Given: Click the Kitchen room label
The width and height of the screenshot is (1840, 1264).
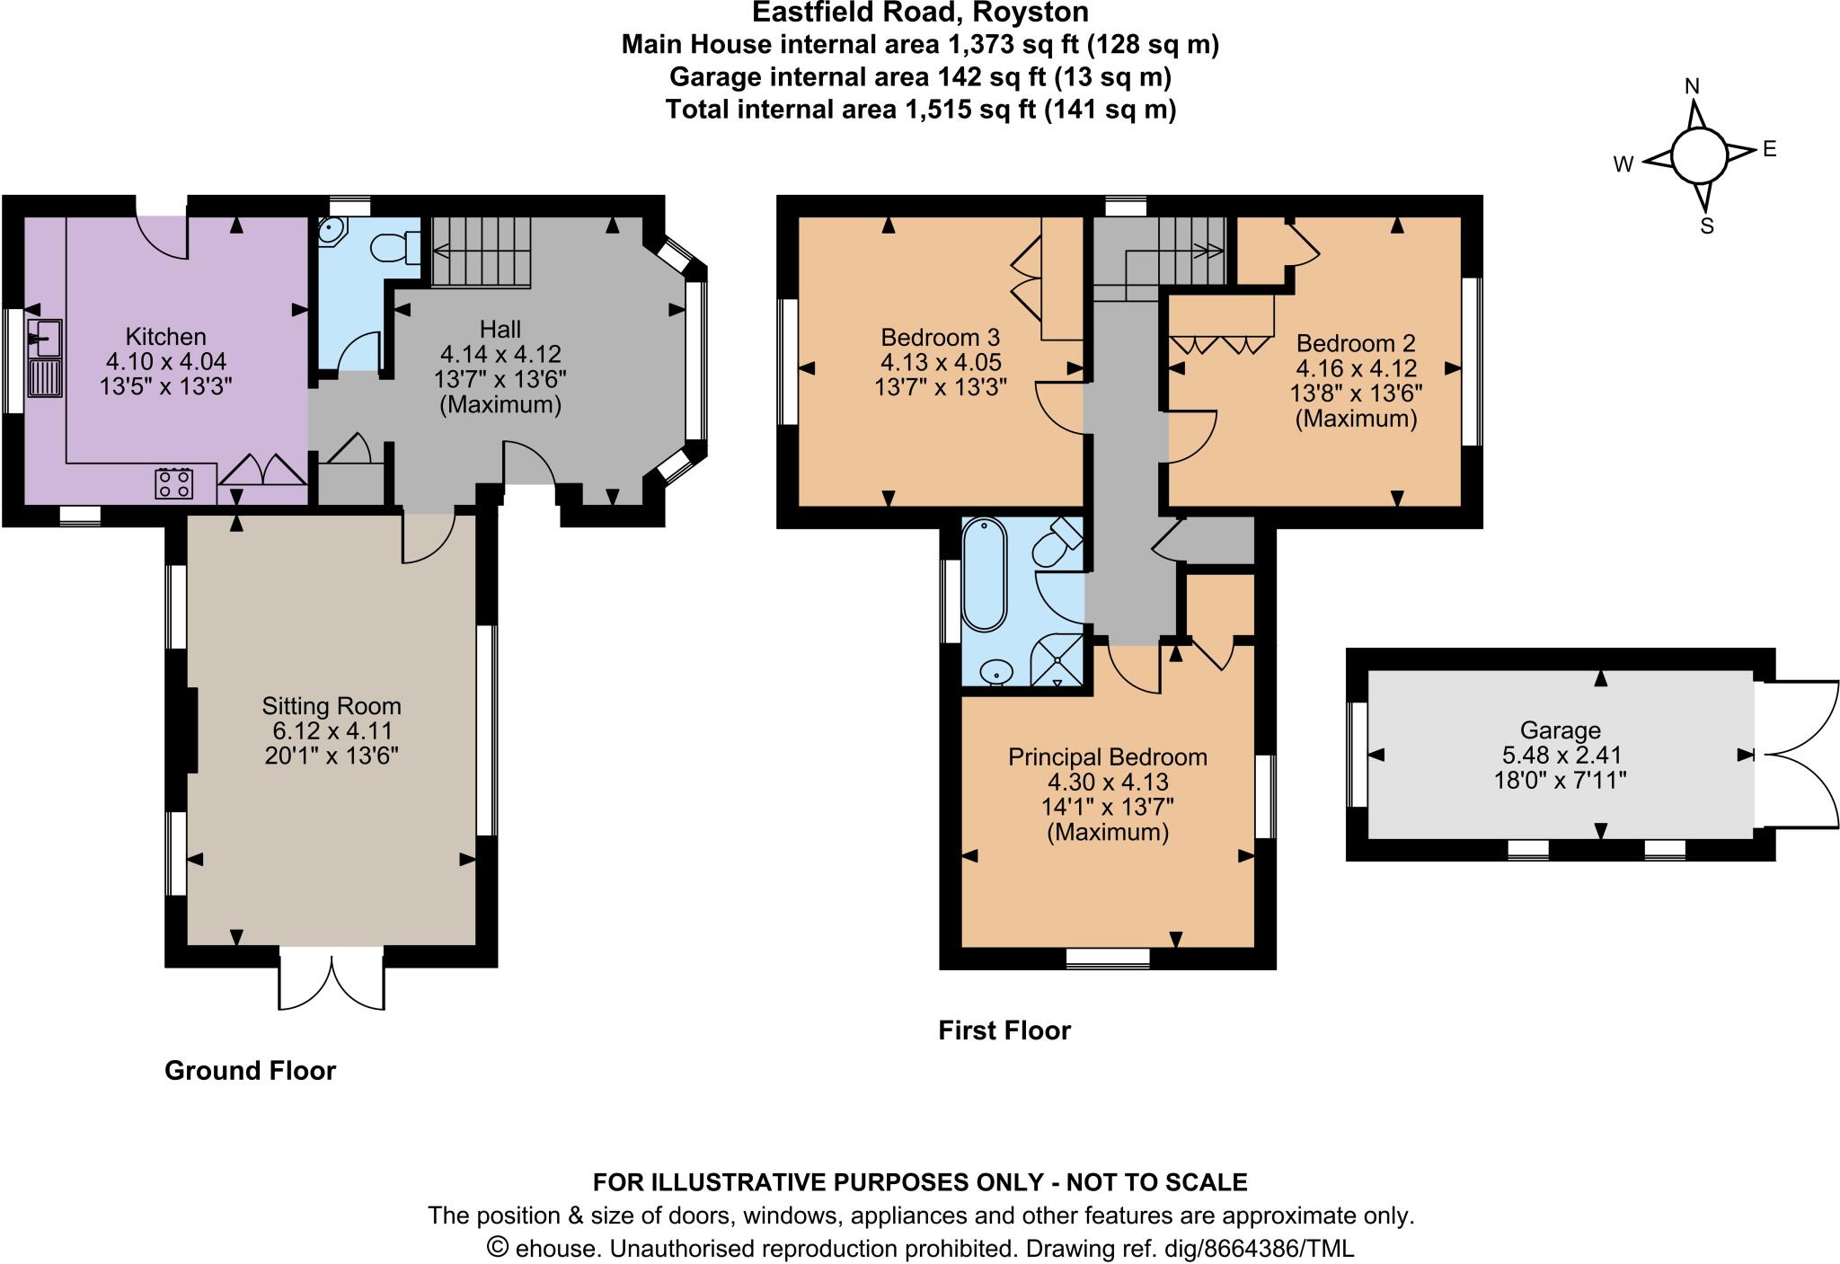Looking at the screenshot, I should tap(165, 337).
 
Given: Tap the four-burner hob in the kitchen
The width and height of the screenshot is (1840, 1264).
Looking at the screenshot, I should tap(174, 483).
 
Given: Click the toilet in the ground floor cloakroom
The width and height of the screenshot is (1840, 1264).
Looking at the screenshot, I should tap(395, 247).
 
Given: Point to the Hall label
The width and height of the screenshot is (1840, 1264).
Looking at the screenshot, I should tap(500, 329).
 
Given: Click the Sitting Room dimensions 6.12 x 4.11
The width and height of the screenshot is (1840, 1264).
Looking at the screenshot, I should tap(332, 731).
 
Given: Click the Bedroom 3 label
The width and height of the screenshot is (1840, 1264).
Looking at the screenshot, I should tap(940, 338).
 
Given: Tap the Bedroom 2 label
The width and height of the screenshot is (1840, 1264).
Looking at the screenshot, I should tap(1356, 343).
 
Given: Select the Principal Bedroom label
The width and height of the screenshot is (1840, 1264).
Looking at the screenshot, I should tap(1107, 757).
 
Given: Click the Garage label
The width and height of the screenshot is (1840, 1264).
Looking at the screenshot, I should tap(1560, 730).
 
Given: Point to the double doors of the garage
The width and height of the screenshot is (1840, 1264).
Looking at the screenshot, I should tap(1797, 754).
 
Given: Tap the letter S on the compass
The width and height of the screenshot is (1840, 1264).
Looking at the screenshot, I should tap(1706, 226).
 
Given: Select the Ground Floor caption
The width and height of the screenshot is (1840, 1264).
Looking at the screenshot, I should tap(250, 1070).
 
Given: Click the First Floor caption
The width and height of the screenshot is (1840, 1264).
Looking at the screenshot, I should tap(1004, 1030).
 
